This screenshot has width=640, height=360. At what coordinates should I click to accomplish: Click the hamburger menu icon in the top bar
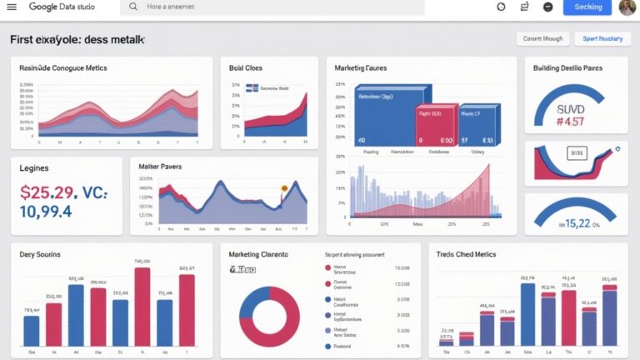(x=12, y=7)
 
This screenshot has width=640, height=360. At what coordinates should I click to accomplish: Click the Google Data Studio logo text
(x=62, y=7)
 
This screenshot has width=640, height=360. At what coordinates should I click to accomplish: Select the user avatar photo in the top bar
(x=627, y=7)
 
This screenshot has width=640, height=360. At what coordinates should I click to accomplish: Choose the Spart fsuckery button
(x=602, y=38)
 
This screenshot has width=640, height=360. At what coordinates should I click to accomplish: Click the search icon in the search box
(x=133, y=7)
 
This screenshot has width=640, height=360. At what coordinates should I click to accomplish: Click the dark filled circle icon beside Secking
(x=547, y=7)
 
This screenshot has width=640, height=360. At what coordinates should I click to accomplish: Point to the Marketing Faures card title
(x=360, y=67)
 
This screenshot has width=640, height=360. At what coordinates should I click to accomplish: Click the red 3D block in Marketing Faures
(x=437, y=125)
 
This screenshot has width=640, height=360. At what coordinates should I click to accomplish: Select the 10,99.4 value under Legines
(x=46, y=212)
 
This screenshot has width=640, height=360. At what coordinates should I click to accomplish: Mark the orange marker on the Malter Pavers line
(x=284, y=188)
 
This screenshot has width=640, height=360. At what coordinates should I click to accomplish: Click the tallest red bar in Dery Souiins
(x=142, y=307)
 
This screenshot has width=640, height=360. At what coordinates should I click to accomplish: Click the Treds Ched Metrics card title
(x=466, y=254)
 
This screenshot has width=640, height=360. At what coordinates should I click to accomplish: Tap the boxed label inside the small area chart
(x=574, y=152)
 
